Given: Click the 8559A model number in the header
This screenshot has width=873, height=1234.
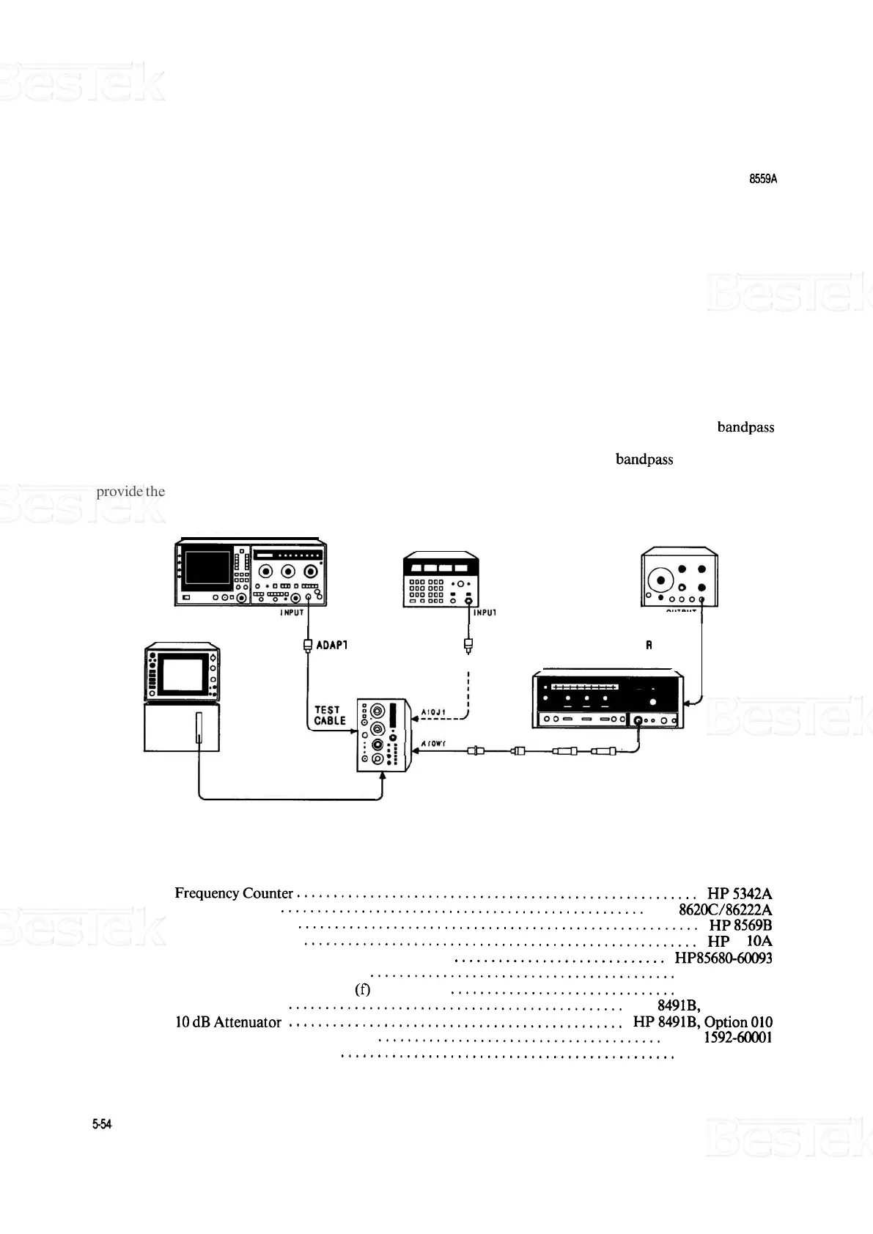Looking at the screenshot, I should (x=762, y=178).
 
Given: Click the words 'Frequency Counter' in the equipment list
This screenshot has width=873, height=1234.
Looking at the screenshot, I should (x=234, y=893).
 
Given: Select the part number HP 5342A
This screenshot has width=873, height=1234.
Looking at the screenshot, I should (x=739, y=893).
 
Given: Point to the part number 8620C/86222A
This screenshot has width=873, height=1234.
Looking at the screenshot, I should (x=725, y=909).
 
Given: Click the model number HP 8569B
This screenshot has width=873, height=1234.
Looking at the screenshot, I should (x=740, y=925).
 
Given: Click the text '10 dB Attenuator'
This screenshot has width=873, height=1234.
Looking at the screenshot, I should (x=228, y=1021).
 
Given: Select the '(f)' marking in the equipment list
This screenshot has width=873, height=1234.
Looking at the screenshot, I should (x=362, y=990).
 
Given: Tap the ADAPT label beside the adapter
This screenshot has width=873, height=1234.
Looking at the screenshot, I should (x=331, y=646).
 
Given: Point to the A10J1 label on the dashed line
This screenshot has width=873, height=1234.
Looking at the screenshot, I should (x=434, y=712).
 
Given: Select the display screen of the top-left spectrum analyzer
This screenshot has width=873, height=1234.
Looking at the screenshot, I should (x=207, y=569).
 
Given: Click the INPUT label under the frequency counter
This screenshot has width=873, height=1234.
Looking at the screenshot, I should (x=485, y=613).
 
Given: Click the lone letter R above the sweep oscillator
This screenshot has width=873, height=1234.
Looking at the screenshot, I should (x=649, y=646).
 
